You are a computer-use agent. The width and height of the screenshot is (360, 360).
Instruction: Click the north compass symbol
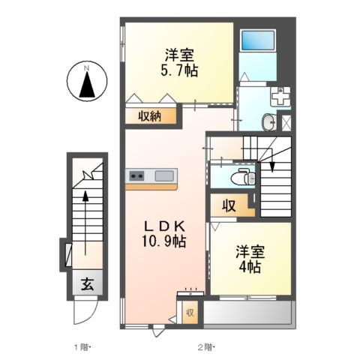(87, 81)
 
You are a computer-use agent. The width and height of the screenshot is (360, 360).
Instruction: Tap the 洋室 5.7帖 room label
(179, 63)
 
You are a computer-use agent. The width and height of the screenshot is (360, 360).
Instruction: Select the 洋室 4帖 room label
(250, 259)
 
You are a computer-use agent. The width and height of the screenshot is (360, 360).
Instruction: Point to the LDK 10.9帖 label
(164, 234)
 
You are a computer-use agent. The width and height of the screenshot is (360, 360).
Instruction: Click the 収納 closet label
(150, 116)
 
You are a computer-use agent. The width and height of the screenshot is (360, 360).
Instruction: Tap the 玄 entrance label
(88, 284)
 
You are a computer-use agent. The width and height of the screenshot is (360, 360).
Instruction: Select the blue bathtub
(258, 40)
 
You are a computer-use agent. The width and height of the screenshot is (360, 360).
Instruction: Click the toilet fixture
(243, 177)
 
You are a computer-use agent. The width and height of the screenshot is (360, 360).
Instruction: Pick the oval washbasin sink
(269, 122)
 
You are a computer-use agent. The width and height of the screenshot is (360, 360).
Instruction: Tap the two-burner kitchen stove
(136, 175)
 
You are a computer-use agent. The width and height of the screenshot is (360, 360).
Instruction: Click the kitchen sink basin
(164, 175)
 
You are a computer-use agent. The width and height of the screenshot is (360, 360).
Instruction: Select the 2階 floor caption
(205, 347)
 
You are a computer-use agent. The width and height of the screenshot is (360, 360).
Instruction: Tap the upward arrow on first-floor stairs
(85, 223)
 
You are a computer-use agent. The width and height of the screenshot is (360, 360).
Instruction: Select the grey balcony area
(248, 313)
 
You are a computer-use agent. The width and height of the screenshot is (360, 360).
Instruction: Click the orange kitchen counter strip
(151, 187)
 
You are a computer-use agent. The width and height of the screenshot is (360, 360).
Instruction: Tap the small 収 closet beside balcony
(190, 313)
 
